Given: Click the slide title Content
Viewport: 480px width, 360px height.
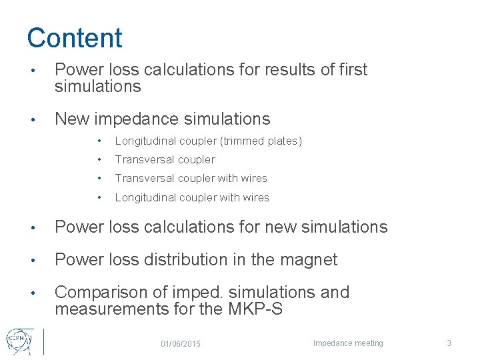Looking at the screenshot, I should coord(75,38).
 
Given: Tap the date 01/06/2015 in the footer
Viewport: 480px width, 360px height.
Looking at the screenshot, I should coord(181,343).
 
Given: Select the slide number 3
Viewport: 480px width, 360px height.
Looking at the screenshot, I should coord(449,343).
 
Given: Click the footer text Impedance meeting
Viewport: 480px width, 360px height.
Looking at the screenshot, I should coord(348,343).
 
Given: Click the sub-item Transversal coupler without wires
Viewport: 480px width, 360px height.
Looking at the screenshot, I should coord(165,159).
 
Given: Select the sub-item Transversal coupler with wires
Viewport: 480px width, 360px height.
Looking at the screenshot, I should coord(191,178).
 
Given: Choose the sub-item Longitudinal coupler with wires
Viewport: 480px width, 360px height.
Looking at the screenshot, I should coord(192,197).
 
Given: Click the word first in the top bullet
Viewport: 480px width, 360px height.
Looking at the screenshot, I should coord(351,69).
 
